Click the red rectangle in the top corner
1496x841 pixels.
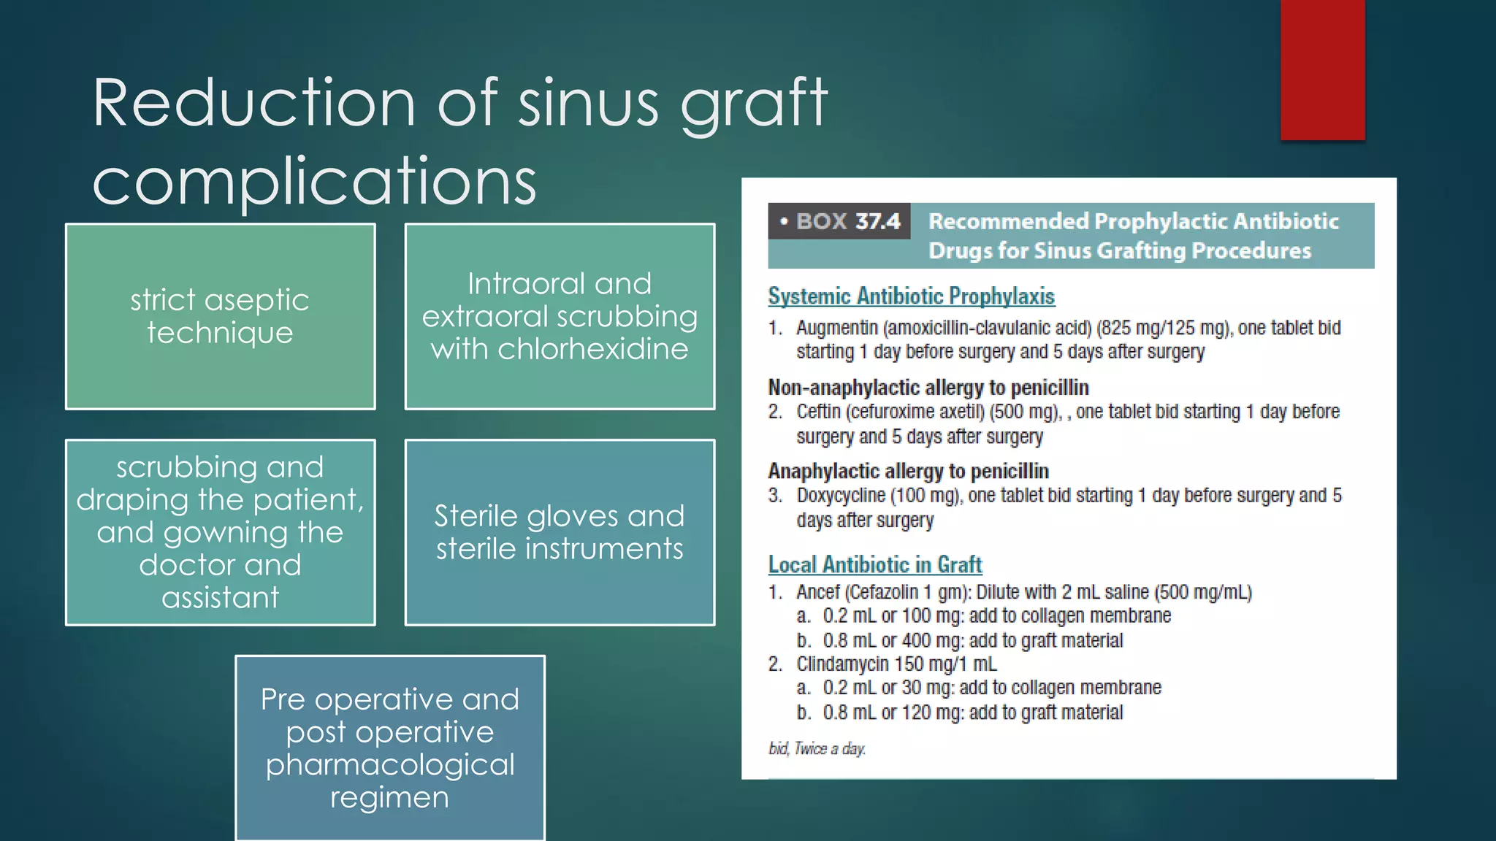(x=1322, y=69)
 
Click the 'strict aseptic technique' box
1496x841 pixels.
(x=220, y=316)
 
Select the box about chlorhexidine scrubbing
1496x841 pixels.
(x=560, y=316)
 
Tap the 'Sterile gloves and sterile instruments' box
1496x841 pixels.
(x=560, y=532)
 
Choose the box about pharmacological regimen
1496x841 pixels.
(x=389, y=748)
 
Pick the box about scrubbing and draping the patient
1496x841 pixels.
(x=220, y=532)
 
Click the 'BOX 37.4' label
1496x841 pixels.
(x=840, y=221)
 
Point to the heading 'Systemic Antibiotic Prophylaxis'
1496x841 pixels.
(x=911, y=296)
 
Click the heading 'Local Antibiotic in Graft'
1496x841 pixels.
(x=874, y=564)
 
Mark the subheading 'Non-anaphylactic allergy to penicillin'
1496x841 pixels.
(x=928, y=387)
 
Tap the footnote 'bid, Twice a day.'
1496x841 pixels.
(x=817, y=748)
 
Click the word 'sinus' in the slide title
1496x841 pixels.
(x=589, y=103)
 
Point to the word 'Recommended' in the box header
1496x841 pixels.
(x=1008, y=221)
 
